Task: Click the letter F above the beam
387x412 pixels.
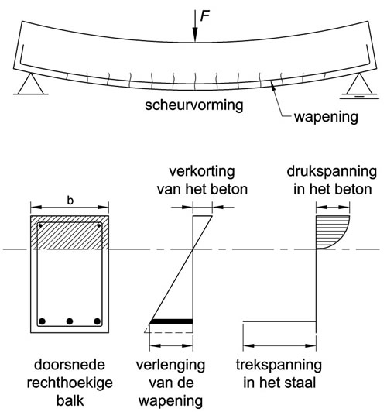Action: tap(205, 16)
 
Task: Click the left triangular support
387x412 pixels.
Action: tap(31, 84)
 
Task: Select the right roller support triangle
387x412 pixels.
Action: tap(359, 84)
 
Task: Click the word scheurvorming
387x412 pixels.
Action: tap(194, 105)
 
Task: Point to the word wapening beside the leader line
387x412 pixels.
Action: tap(326, 117)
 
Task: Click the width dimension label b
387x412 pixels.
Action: tap(70, 201)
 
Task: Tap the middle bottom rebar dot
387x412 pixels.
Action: tap(70, 321)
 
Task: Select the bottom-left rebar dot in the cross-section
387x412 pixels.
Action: tap(42, 321)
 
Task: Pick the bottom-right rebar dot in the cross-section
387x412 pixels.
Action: tap(98, 321)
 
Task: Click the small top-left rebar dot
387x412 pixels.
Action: tap(40, 225)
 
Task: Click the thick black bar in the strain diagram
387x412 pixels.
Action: tap(172, 321)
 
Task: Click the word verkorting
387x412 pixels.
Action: tap(202, 172)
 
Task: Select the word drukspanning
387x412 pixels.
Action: tap(332, 172)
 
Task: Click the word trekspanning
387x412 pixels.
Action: tap(279, 366)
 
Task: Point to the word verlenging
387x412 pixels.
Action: tap(170, 366)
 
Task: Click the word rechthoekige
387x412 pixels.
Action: tap(70, 383)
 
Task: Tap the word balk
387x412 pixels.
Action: tap(70, 401)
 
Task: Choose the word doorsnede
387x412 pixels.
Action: tap(70, 365)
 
